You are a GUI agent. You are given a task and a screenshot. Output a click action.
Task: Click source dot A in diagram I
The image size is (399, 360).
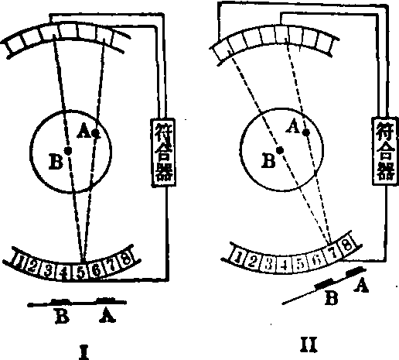pos(96,133)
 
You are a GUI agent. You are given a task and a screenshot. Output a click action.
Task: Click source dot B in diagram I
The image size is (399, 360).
pos(68,151)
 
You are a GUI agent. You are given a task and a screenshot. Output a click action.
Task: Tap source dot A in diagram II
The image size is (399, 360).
pos(306,132)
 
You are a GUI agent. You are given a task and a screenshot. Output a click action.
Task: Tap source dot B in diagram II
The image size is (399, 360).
pos(280,150)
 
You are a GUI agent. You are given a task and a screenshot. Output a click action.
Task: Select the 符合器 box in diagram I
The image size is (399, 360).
pos(163,153)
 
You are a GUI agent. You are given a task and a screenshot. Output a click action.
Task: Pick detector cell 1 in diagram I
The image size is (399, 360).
pos(19,260)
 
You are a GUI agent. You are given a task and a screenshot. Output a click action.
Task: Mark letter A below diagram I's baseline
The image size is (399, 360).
pos(107,315)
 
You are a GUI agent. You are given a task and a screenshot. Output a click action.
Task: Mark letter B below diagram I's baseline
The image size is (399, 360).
pos(62,316)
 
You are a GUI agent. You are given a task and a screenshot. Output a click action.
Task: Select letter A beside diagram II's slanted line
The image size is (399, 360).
pos(361,286)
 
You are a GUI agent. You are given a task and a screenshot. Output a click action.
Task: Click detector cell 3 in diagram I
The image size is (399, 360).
pos(48,269)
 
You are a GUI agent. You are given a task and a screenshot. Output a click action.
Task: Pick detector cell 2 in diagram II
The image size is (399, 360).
pos(252,262)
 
